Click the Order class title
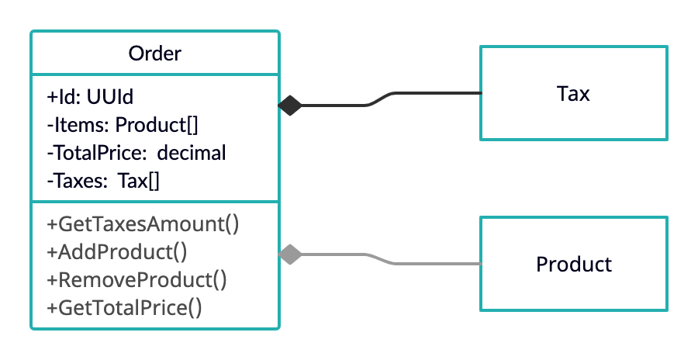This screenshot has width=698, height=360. (154, 54)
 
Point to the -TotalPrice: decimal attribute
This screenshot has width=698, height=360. (136, 153)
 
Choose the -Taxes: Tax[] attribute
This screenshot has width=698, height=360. (103, 182)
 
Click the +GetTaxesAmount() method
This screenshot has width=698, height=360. (143, 224)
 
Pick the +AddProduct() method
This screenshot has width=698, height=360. (117, 252)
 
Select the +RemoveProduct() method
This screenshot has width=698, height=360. (136, 280)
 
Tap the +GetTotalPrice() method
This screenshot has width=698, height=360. (125, 308)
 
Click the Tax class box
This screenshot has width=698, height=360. (573, 93)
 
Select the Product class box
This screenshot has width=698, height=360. (573, 264)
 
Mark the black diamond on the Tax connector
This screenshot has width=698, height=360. (289, 105)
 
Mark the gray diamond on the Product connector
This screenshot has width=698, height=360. (289, 254)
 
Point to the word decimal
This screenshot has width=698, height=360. (192, 153)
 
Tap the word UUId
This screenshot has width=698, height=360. (110, 97)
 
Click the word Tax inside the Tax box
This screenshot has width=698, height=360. (573, 94)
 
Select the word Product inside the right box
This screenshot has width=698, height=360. (573, 265)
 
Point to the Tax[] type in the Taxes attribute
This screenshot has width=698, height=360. (139, 182)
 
